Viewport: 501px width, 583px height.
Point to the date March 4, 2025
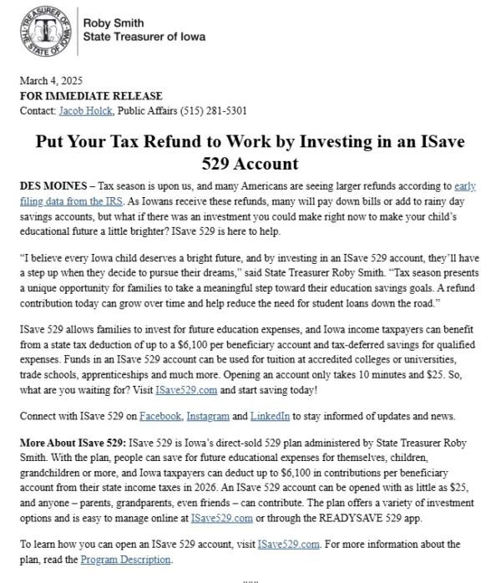(51, 82)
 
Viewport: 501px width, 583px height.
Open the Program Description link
(128, 560)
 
